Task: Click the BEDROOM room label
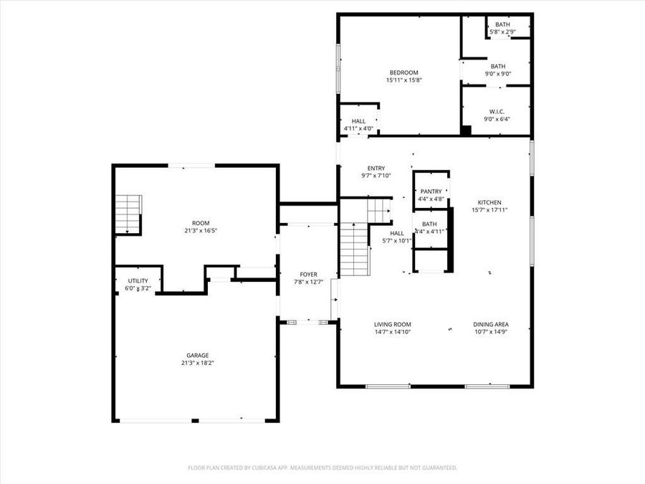(403, 72)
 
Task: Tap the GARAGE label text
(198, 355)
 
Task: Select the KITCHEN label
(486, 203)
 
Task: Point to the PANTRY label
(431, 191)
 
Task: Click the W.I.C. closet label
(497, 111)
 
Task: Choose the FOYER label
(308, 275)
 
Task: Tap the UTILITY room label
(138, 281)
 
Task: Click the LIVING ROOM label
(392, 324)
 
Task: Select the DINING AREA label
(491, 324)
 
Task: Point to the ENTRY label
(376, 169)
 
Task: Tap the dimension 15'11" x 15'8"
(403, 80)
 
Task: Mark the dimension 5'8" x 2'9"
(502, 32)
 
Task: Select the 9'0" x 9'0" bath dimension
(497, 74)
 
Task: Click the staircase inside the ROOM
(128, 214)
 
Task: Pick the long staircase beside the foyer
(353, 249)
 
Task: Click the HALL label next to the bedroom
(358, 121)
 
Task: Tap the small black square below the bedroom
(466, 131)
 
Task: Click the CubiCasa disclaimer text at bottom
(322, 468)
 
